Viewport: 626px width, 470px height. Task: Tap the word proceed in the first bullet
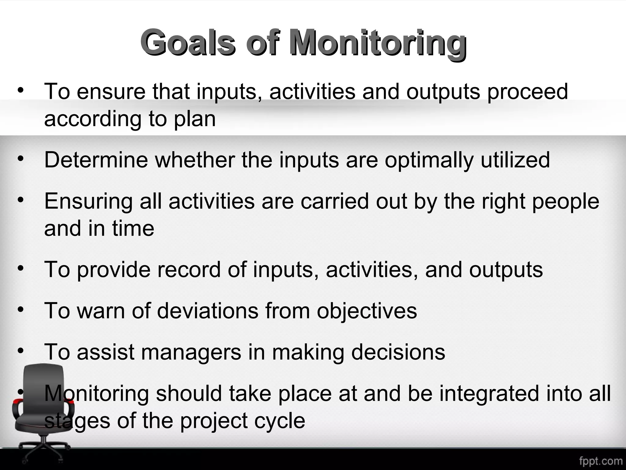point(527,91)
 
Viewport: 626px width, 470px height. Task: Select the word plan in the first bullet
point(195,119)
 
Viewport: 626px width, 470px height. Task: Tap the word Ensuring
point(88,202)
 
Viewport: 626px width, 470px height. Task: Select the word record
point(189,270)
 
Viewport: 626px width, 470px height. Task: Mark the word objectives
point(367,311)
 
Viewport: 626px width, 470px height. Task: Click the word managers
point(191,352)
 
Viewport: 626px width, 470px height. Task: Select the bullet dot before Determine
point(20,159)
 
